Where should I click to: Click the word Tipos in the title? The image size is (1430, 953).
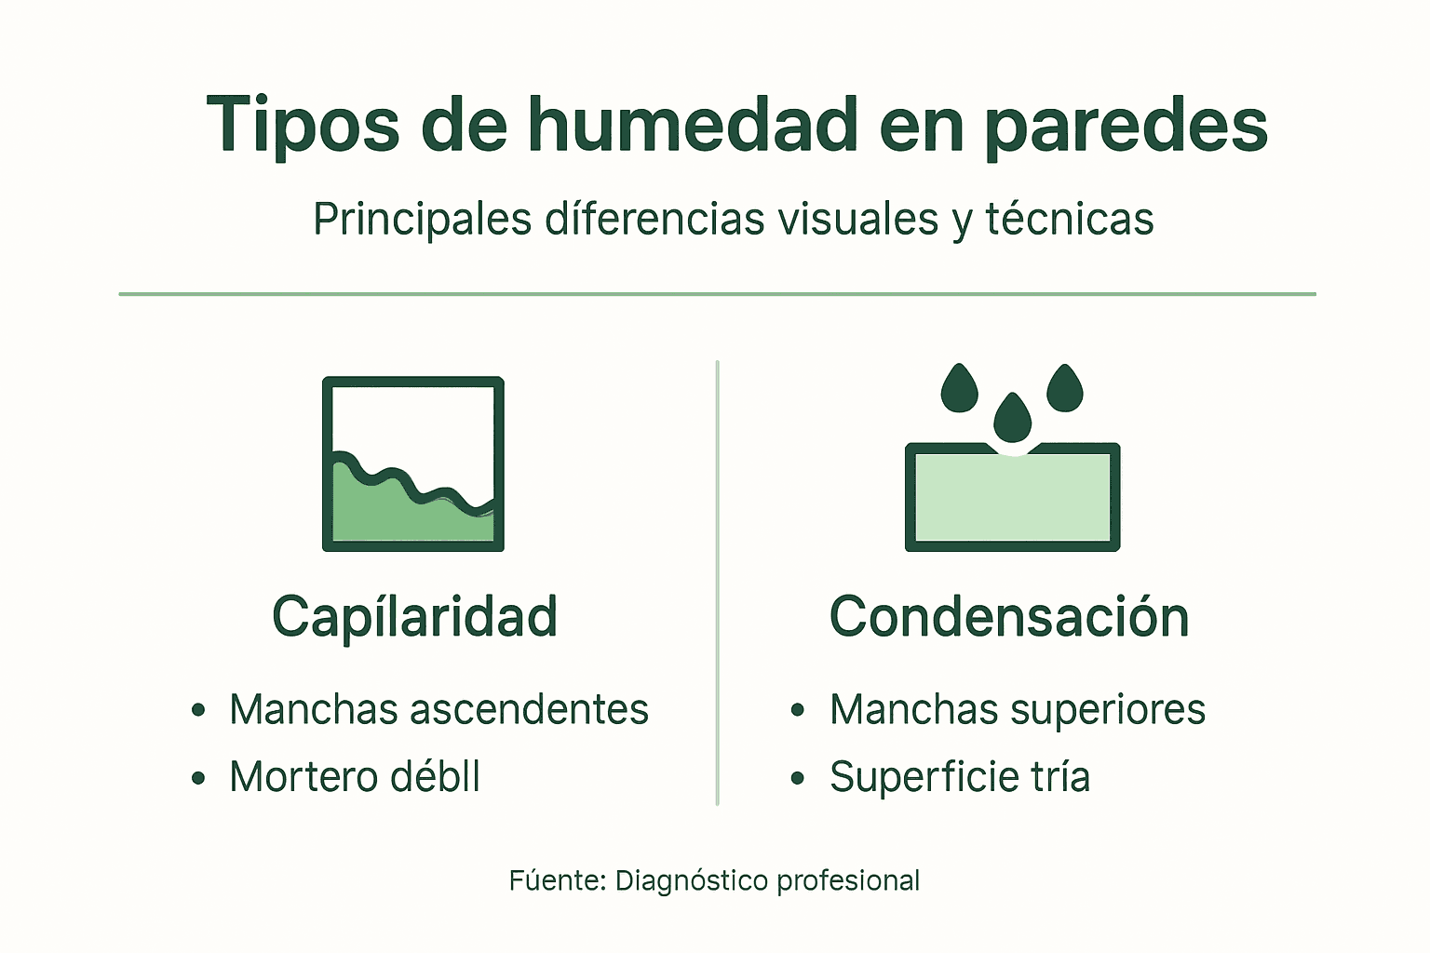click(303, 126)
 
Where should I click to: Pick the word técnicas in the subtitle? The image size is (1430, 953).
click(1070, 220)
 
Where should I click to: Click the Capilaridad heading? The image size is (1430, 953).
click(414, 617)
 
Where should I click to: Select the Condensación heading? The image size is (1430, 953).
click(1009, 617)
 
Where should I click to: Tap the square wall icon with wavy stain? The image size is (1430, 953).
click(413, 463)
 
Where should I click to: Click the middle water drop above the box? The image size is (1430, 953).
click(1012, 420)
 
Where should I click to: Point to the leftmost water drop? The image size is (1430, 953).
click(959, 389)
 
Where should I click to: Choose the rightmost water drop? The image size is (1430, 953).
click(1065, 389)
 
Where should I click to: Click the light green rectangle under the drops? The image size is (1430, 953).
click(1012, 498)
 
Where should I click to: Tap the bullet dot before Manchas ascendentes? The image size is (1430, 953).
click(198, 711)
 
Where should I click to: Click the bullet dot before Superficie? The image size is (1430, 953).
click(798, 778)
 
